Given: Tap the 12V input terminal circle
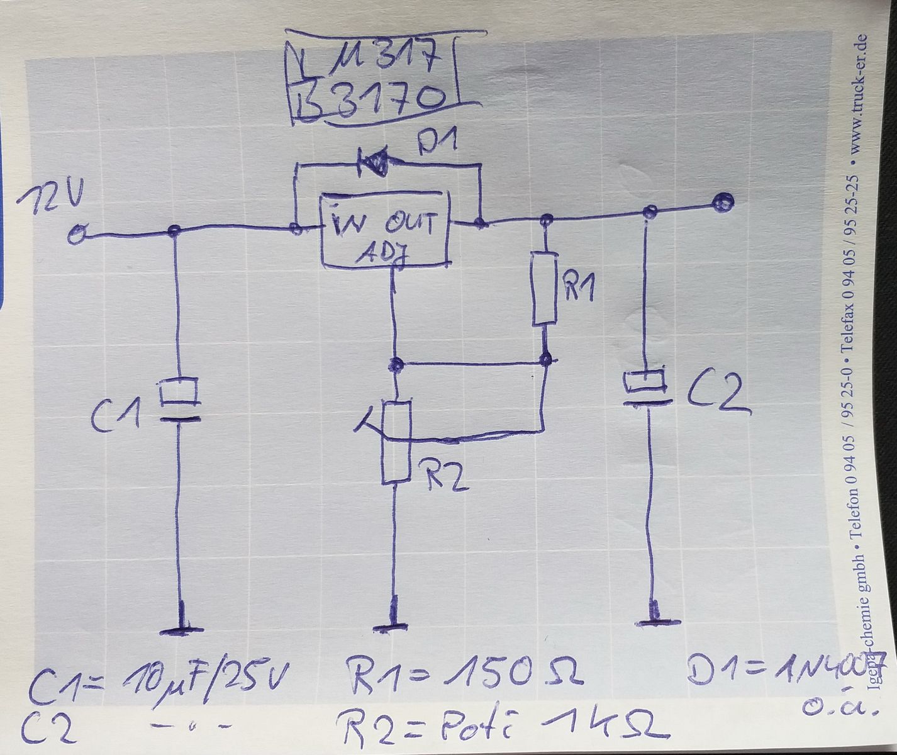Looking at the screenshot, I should (x=76, y=236).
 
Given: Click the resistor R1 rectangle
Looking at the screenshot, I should (x=545, y=289).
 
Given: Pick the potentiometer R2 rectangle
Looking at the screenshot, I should (x=396, y=443).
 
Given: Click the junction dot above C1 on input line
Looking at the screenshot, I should (x=175, y=231).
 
